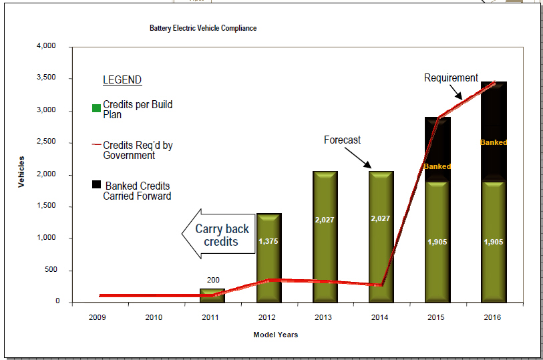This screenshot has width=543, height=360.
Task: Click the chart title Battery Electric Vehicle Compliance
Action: [203, 28]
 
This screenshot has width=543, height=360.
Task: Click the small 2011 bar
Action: [212, 295]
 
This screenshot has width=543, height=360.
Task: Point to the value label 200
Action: [213, 281]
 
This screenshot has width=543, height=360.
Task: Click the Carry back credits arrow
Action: [216, 234]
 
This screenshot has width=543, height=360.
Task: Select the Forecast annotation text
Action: [342, 140]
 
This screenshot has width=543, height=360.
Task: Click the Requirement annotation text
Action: [451, 78]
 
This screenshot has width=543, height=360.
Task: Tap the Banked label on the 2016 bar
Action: [494, 142]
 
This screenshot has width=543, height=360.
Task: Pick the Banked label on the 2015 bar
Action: [437, 166]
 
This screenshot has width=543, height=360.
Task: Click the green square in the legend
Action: [97, 108]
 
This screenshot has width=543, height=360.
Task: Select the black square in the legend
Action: [97, 184]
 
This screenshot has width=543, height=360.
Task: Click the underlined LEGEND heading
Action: [122, 80]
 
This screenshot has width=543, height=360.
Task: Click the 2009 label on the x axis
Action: [98, 317]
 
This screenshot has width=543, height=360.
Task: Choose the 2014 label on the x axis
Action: [379, 317]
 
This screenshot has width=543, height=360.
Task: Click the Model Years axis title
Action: [275, 335]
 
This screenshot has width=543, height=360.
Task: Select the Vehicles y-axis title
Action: [21, 172]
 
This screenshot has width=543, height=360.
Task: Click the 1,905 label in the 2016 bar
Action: [494, 242]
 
